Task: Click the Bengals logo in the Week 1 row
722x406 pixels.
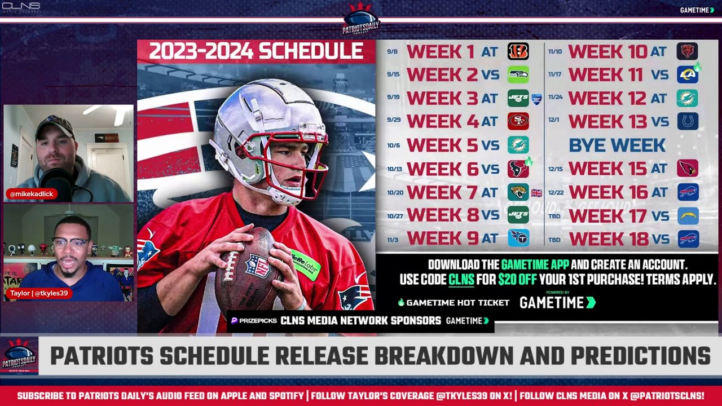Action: [x=518, y=51]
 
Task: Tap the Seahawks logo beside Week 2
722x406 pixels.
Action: [x=518, y=74]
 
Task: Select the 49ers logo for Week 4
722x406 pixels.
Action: [x=518, y=121]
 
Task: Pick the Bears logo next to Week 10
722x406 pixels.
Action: [x=687, y=51]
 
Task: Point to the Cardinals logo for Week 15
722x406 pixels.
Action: [x=687, y=168]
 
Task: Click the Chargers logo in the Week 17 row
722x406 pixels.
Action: [x=687, y=215]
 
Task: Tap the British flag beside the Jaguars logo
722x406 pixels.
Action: [x=536, y=193]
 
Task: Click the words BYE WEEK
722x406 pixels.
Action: [x=617, y=145]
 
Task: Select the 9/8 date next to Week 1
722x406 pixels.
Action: [x=393, y=52]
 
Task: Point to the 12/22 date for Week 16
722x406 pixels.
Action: [x=555, y=193]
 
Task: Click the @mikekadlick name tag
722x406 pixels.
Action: [x=32, y=194]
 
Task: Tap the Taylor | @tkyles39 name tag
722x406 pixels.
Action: [x=38, y=293]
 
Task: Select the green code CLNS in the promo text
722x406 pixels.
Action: [x=461, y=280]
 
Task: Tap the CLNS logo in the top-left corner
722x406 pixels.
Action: [x=21, y=7]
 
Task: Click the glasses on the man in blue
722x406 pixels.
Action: [x=71, y=242]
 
